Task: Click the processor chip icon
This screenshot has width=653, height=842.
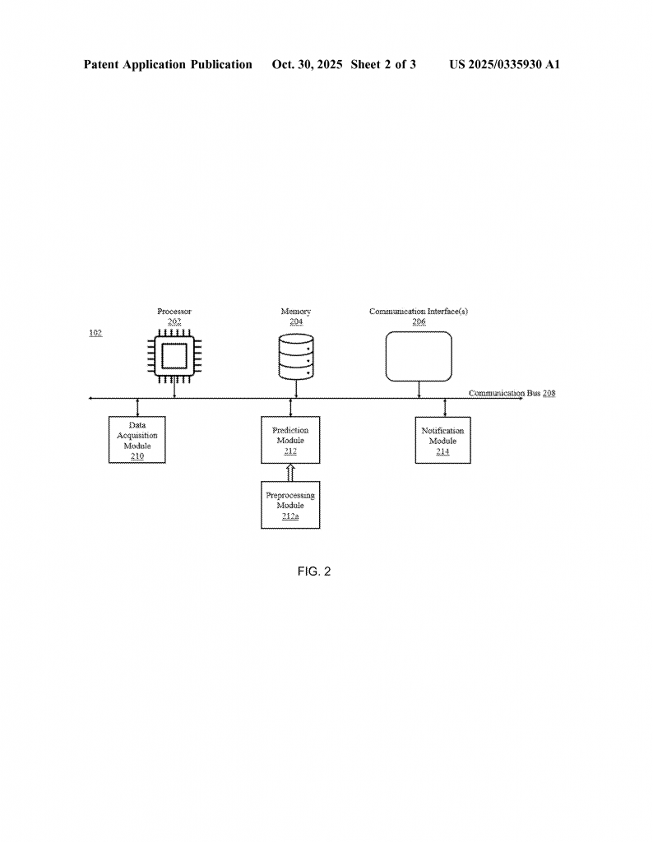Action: [x=174, y=356]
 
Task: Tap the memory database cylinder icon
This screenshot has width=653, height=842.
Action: [x=296, y=357]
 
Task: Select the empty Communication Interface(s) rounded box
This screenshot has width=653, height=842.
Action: [x=419, y=356]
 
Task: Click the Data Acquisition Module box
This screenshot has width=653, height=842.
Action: [x=137, y=439]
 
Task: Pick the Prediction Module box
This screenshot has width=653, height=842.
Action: [x=290, y=440]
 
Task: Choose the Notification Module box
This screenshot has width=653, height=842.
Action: [x=442, y=440]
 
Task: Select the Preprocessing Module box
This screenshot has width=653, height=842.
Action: [x=290, y=504]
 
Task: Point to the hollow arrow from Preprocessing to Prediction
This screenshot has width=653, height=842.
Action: [x=290, y=472]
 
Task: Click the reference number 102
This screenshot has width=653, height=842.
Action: [x=95, y=333]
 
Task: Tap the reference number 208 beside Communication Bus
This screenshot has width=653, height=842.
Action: [x=549, y=393]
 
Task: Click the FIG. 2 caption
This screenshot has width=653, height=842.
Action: [x=313, y=571]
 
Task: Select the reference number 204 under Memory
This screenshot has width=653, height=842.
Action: [x=296, y=322]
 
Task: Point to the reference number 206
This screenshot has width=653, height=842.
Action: [x=419, y=322]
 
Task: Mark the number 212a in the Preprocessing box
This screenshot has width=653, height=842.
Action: [x=290, y=516]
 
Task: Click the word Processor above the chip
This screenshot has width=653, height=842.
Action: [x=174, y=312]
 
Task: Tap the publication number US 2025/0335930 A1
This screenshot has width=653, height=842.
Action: [x=504, y=64]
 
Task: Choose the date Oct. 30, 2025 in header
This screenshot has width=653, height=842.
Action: [x=307, y=64]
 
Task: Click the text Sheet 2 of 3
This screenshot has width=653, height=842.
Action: [x=382, y=64]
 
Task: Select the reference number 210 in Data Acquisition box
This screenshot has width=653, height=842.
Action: [x=137, y=456]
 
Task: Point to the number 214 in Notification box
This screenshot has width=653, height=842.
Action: [x=442, y=451]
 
